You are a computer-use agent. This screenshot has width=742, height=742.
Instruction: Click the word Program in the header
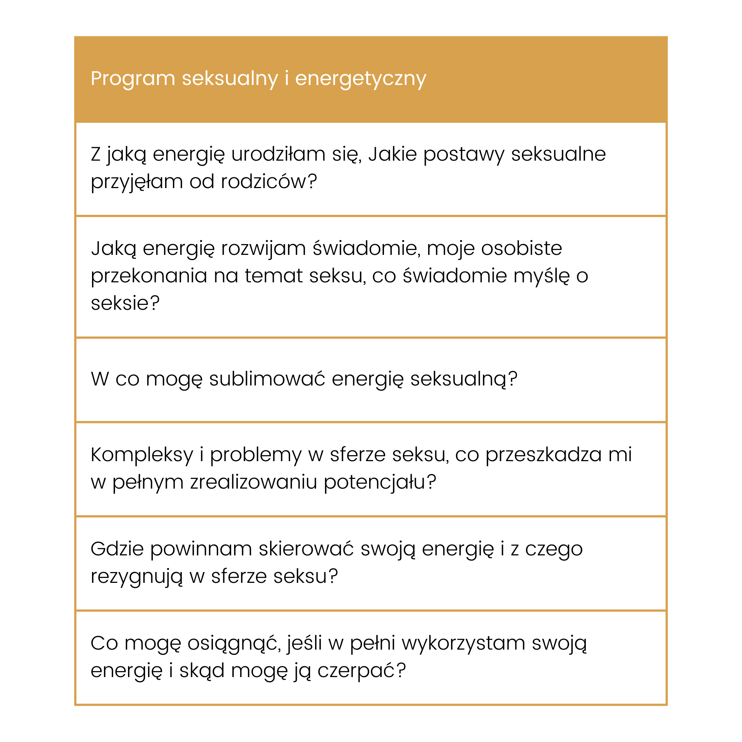click(x=133, y=79)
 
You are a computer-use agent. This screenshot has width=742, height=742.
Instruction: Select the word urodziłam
click(x=278, y=154)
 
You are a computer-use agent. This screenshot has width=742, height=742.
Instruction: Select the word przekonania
click(x=149, y=276)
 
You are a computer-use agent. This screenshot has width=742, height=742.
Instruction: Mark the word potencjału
click(x=380, y=482)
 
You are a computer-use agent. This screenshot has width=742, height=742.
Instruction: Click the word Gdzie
click(x=117, y=549)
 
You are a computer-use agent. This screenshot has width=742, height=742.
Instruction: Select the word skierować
click(x=306, y=549)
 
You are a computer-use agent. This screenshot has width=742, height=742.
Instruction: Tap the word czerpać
click(x=361, y=670)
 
